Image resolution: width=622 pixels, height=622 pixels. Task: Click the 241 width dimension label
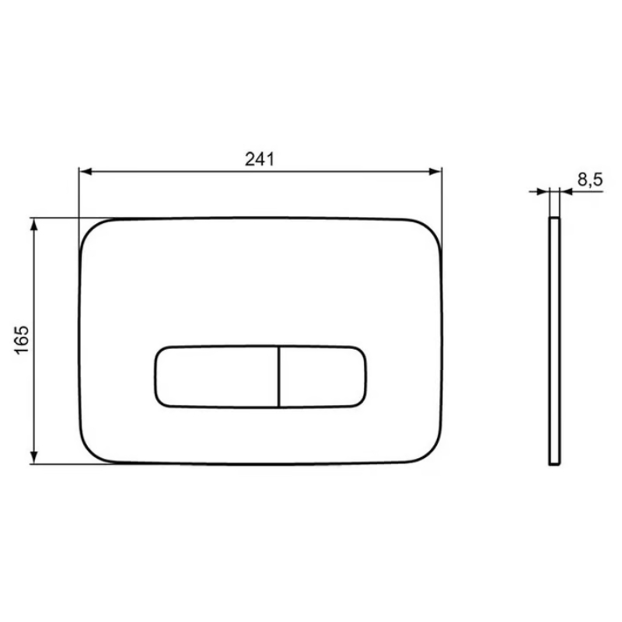click(260, 159)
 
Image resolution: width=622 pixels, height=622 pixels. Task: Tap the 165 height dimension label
click(22, 340)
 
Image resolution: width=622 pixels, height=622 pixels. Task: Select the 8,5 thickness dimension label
click(590, 180)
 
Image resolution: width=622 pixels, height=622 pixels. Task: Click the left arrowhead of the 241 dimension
click(86, 172)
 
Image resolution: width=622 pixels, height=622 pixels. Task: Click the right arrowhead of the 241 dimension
click(435, 172)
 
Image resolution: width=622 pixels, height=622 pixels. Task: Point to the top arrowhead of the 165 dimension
click(34, 225)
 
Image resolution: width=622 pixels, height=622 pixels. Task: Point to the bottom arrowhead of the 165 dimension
click(34, 457)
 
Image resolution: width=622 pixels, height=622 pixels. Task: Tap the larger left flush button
click(217, 377)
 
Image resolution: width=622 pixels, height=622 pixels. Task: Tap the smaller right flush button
click(323, 377)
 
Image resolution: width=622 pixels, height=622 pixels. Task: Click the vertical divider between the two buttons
click(279, 377)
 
